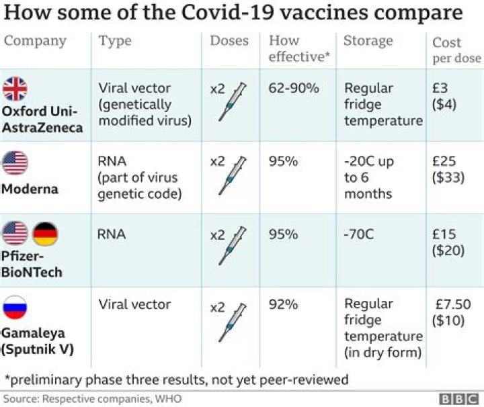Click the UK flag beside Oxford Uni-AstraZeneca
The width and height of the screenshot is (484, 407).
tap(15, 89)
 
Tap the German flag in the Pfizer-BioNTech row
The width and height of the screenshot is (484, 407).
tap(46, 234)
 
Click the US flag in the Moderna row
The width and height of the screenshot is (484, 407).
tap(15, 162)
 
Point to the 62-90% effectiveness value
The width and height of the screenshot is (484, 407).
tap(293, 89)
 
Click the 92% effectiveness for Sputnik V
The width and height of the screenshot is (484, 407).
tap(283, 305)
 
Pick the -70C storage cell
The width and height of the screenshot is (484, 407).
tap(360, 235)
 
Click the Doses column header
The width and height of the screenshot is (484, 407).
tap(229, 41)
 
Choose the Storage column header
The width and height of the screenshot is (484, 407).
tap(368, 41)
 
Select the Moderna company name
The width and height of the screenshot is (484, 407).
tap(30, 189)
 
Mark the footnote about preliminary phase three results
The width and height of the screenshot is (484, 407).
tap(176, 379)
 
